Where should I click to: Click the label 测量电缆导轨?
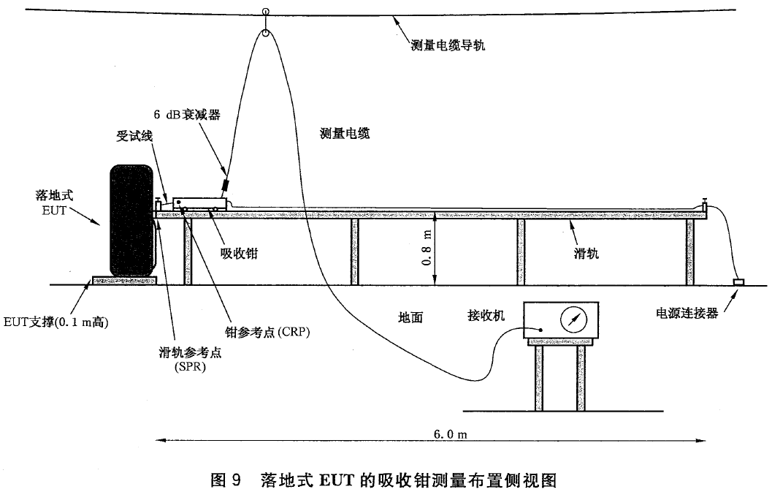pos(448,45)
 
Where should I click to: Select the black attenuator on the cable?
pos(226,184)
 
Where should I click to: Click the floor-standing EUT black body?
pos(131,220)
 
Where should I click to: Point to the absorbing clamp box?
pos(199,204)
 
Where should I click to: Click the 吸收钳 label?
pos(239,254)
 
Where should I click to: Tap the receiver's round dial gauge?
pos(573,320)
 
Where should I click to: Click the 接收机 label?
pos(486,315)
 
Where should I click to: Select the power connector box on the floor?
pos(738,282)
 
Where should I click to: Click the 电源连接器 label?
pos(687,313)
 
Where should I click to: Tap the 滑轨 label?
pos(586,254)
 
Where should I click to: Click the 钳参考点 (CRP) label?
pos(267,333)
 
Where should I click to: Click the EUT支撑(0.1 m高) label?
pos(56,322)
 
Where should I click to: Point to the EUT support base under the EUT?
pos(125,281)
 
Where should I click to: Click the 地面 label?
pos(410,317)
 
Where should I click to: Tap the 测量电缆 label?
pos(345,133)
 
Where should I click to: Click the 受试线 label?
pos(134,135)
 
